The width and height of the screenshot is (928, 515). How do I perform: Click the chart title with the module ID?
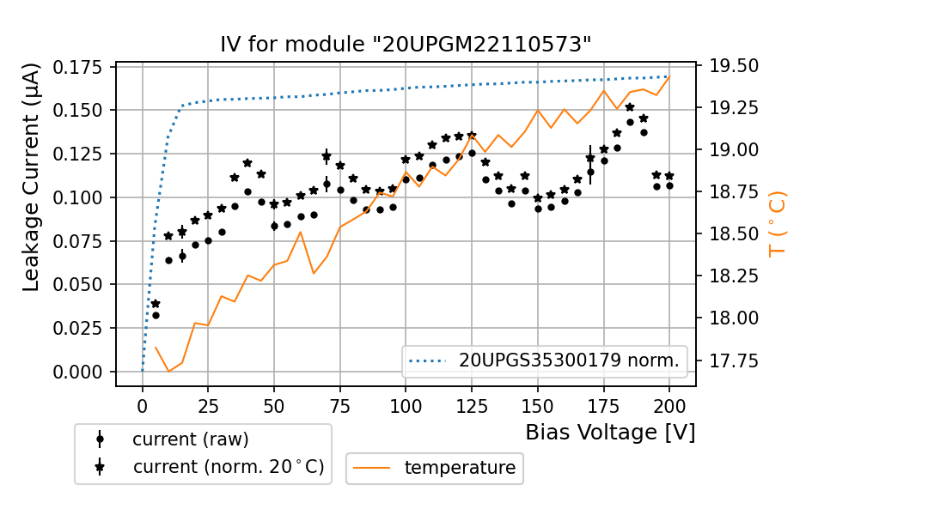[406, 45]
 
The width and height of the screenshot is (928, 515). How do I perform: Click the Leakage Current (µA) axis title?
[32, 177]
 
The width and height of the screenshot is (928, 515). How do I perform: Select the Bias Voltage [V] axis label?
[610, 433]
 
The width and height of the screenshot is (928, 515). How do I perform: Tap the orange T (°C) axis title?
[777, 223]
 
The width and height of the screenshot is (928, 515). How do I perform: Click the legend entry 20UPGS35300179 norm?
[568, 361]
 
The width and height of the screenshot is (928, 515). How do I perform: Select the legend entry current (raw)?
[190, 439]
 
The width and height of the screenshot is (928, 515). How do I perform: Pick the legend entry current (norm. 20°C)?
[228, 468]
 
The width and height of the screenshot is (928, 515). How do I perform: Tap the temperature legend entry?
[459, 468]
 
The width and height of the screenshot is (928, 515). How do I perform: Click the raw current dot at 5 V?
[156, 315]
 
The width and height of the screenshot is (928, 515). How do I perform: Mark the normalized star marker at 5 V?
[156, 304]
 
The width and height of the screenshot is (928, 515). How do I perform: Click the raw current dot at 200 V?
[669, 185]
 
